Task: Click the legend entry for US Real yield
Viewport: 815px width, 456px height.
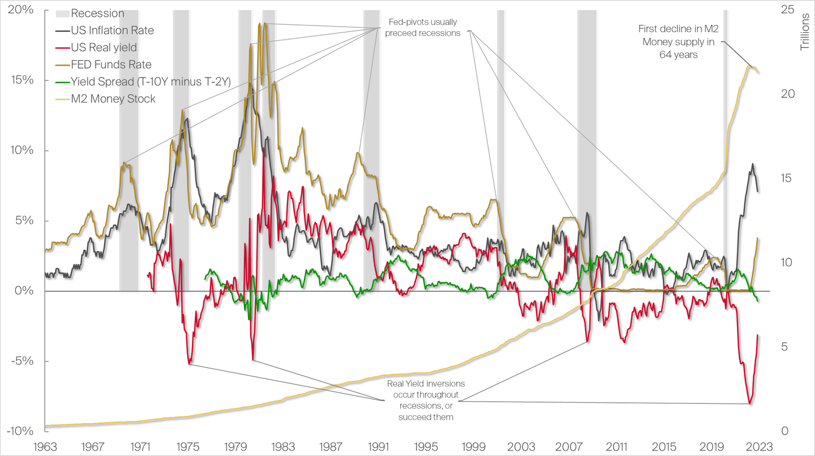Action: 104,48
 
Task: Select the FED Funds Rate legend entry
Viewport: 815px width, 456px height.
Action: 111,65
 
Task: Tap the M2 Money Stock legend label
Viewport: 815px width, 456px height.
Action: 113,99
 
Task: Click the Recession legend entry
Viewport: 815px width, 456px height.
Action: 97,13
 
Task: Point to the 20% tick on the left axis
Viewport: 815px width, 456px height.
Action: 21,10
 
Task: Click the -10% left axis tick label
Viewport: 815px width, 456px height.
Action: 19,431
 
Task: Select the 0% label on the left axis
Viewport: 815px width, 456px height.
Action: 24,291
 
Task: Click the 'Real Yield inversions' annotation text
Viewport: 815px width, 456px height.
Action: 422,400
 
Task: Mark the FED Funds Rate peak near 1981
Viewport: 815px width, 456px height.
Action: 260,24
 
